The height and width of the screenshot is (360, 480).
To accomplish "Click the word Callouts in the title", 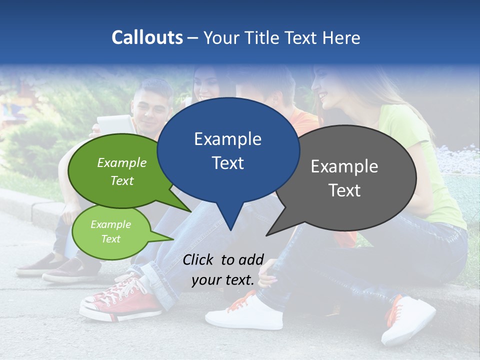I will coord(147,37).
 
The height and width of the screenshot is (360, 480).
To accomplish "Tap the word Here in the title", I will coord(342,37).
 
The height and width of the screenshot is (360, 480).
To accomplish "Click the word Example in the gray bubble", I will coord(344,166).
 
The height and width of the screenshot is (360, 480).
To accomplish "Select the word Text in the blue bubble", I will coord(228,163).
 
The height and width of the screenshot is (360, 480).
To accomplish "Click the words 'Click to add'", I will coord(223,259).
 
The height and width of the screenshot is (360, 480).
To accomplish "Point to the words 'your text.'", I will coord(223,280).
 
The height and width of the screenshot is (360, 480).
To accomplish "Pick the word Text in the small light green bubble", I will coord(110,239).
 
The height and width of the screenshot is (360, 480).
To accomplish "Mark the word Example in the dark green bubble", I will coord(122,163).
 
